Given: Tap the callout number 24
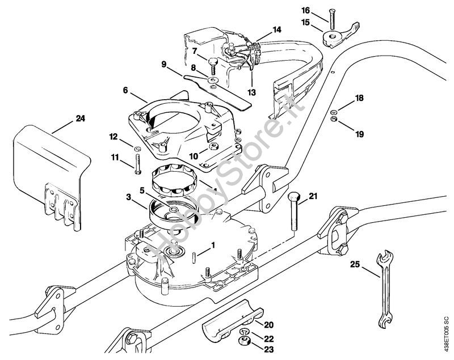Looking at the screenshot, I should [x=79, y=119].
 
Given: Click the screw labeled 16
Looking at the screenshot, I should [x=329, y=20].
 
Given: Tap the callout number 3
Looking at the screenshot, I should [x=129, y=197].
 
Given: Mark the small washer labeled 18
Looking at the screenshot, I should [x=334, y=111].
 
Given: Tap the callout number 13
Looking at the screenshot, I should [x=251, y=92].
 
